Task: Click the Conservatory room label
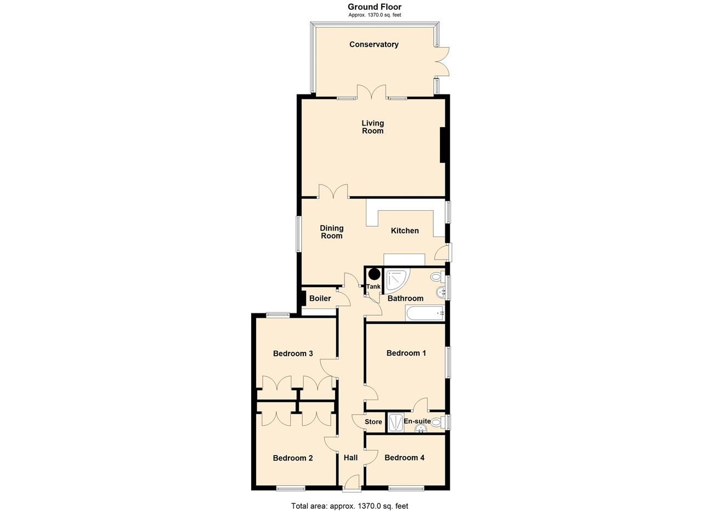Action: (x=373, y=44)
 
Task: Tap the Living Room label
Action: (x=372, y=127)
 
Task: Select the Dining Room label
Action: (x=331, y=232)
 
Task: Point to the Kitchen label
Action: (x=405, y=231)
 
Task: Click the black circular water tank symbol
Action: (x=374, y=274)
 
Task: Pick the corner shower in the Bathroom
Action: (x=396, y=279)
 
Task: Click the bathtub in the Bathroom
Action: (x=424, y=313)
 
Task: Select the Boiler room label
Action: (x=320, y=298)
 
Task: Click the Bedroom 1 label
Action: (x=406, y=353)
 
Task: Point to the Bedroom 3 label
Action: (x=293, y=353)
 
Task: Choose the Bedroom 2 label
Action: (x=293, y=458)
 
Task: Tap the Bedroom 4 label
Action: (x=404, y=457)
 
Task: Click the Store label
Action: (x=373, y=422)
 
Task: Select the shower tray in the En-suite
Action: (x=395, y=422)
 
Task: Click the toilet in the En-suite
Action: (x=437, y=422)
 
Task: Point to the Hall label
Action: (x=350, y=457)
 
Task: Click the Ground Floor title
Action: (x=374, y=7)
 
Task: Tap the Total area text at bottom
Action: (x=349, y=506)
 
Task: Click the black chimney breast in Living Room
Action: (x=442, y=145)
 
